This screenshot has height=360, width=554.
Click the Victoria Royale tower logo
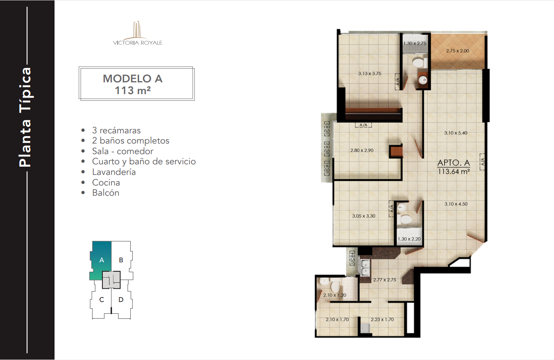point(137,33)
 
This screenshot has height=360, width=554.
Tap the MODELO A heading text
point(133,78)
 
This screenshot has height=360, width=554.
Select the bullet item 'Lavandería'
point(114,172)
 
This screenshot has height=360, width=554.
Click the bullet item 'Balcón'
point(106,193)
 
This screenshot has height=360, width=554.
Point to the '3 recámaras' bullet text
point(116,130)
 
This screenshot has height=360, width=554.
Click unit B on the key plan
point(121,260)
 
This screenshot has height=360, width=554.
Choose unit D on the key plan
point(121,300)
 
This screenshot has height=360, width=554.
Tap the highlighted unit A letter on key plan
point(102,260)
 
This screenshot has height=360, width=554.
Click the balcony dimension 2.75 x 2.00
point(457,51)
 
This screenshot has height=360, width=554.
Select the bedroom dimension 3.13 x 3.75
point(370,73)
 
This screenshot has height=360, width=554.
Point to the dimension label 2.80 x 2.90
point(362,150)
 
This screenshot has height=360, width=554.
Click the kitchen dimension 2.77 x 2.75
point(385,280)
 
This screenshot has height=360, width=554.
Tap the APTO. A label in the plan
point(454,163)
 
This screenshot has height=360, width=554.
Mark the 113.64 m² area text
point(454,171)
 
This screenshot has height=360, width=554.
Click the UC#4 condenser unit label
point(352,258)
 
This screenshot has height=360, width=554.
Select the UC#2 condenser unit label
point(327,149)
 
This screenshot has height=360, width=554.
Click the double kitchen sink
point(365,268)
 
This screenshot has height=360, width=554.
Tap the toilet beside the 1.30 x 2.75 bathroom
point(419,63)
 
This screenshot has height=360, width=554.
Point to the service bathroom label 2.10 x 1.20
point(335,295)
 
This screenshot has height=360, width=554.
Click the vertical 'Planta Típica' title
point(25,117)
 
